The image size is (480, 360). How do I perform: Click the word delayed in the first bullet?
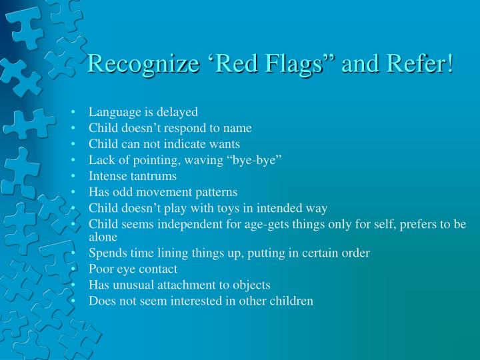click(177, 111)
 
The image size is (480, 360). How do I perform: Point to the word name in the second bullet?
click(238, 127)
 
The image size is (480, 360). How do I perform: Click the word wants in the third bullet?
click(225, 143)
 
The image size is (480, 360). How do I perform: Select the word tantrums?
click(153, 176)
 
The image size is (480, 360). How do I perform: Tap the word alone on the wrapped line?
click(103, 236)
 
